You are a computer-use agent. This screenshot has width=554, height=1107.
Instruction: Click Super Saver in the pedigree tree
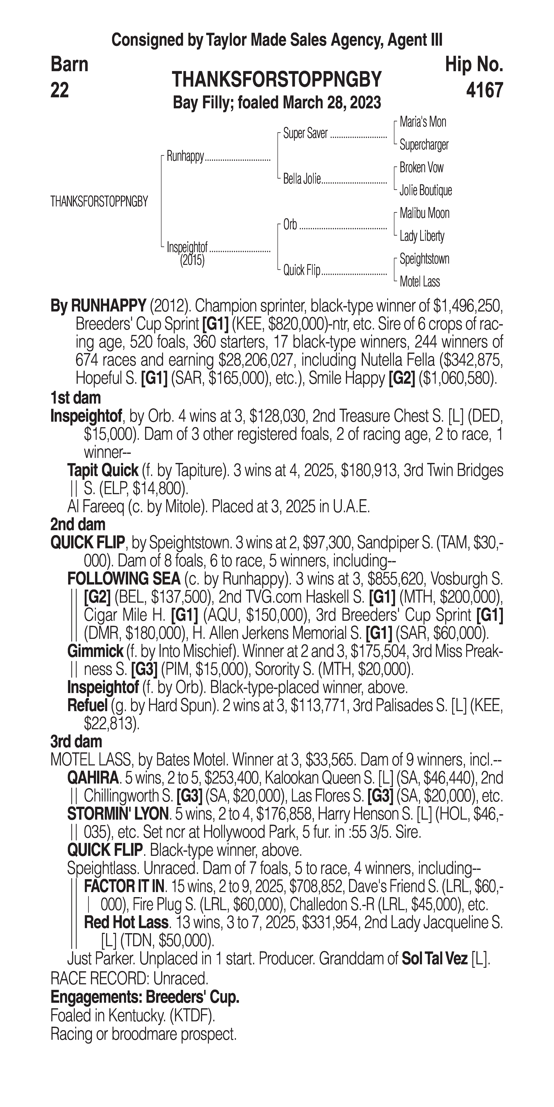(305, 134)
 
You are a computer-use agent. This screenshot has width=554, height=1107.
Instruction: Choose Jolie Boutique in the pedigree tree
(426, 190)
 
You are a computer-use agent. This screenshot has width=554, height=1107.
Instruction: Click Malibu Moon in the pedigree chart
(424, 213)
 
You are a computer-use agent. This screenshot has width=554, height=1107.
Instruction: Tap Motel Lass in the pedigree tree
(420, 282)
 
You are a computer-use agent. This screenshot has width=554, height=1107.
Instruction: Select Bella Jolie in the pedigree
(302, 179)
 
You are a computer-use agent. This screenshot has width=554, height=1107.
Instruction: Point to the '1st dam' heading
(76, 398)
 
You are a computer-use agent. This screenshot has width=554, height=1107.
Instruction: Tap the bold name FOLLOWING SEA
(124, 579)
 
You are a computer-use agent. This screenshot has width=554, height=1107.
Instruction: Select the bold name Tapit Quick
(103, 471)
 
